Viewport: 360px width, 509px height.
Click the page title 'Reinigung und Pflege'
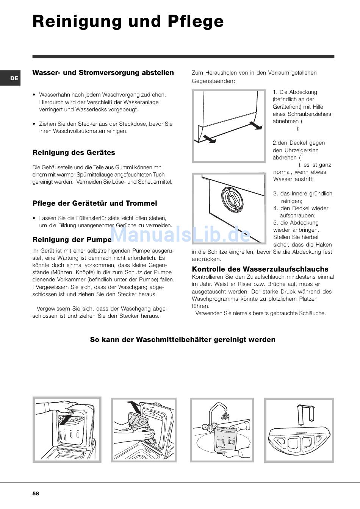128,22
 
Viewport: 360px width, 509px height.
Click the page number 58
36,493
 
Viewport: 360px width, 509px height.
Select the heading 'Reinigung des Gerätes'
74,153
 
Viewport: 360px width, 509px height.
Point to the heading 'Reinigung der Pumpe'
72,239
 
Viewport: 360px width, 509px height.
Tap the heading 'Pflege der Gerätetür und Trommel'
95,203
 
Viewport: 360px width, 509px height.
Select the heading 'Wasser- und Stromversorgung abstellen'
103,73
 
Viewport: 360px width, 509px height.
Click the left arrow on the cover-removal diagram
208,139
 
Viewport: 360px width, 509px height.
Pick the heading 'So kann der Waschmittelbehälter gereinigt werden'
183,340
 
